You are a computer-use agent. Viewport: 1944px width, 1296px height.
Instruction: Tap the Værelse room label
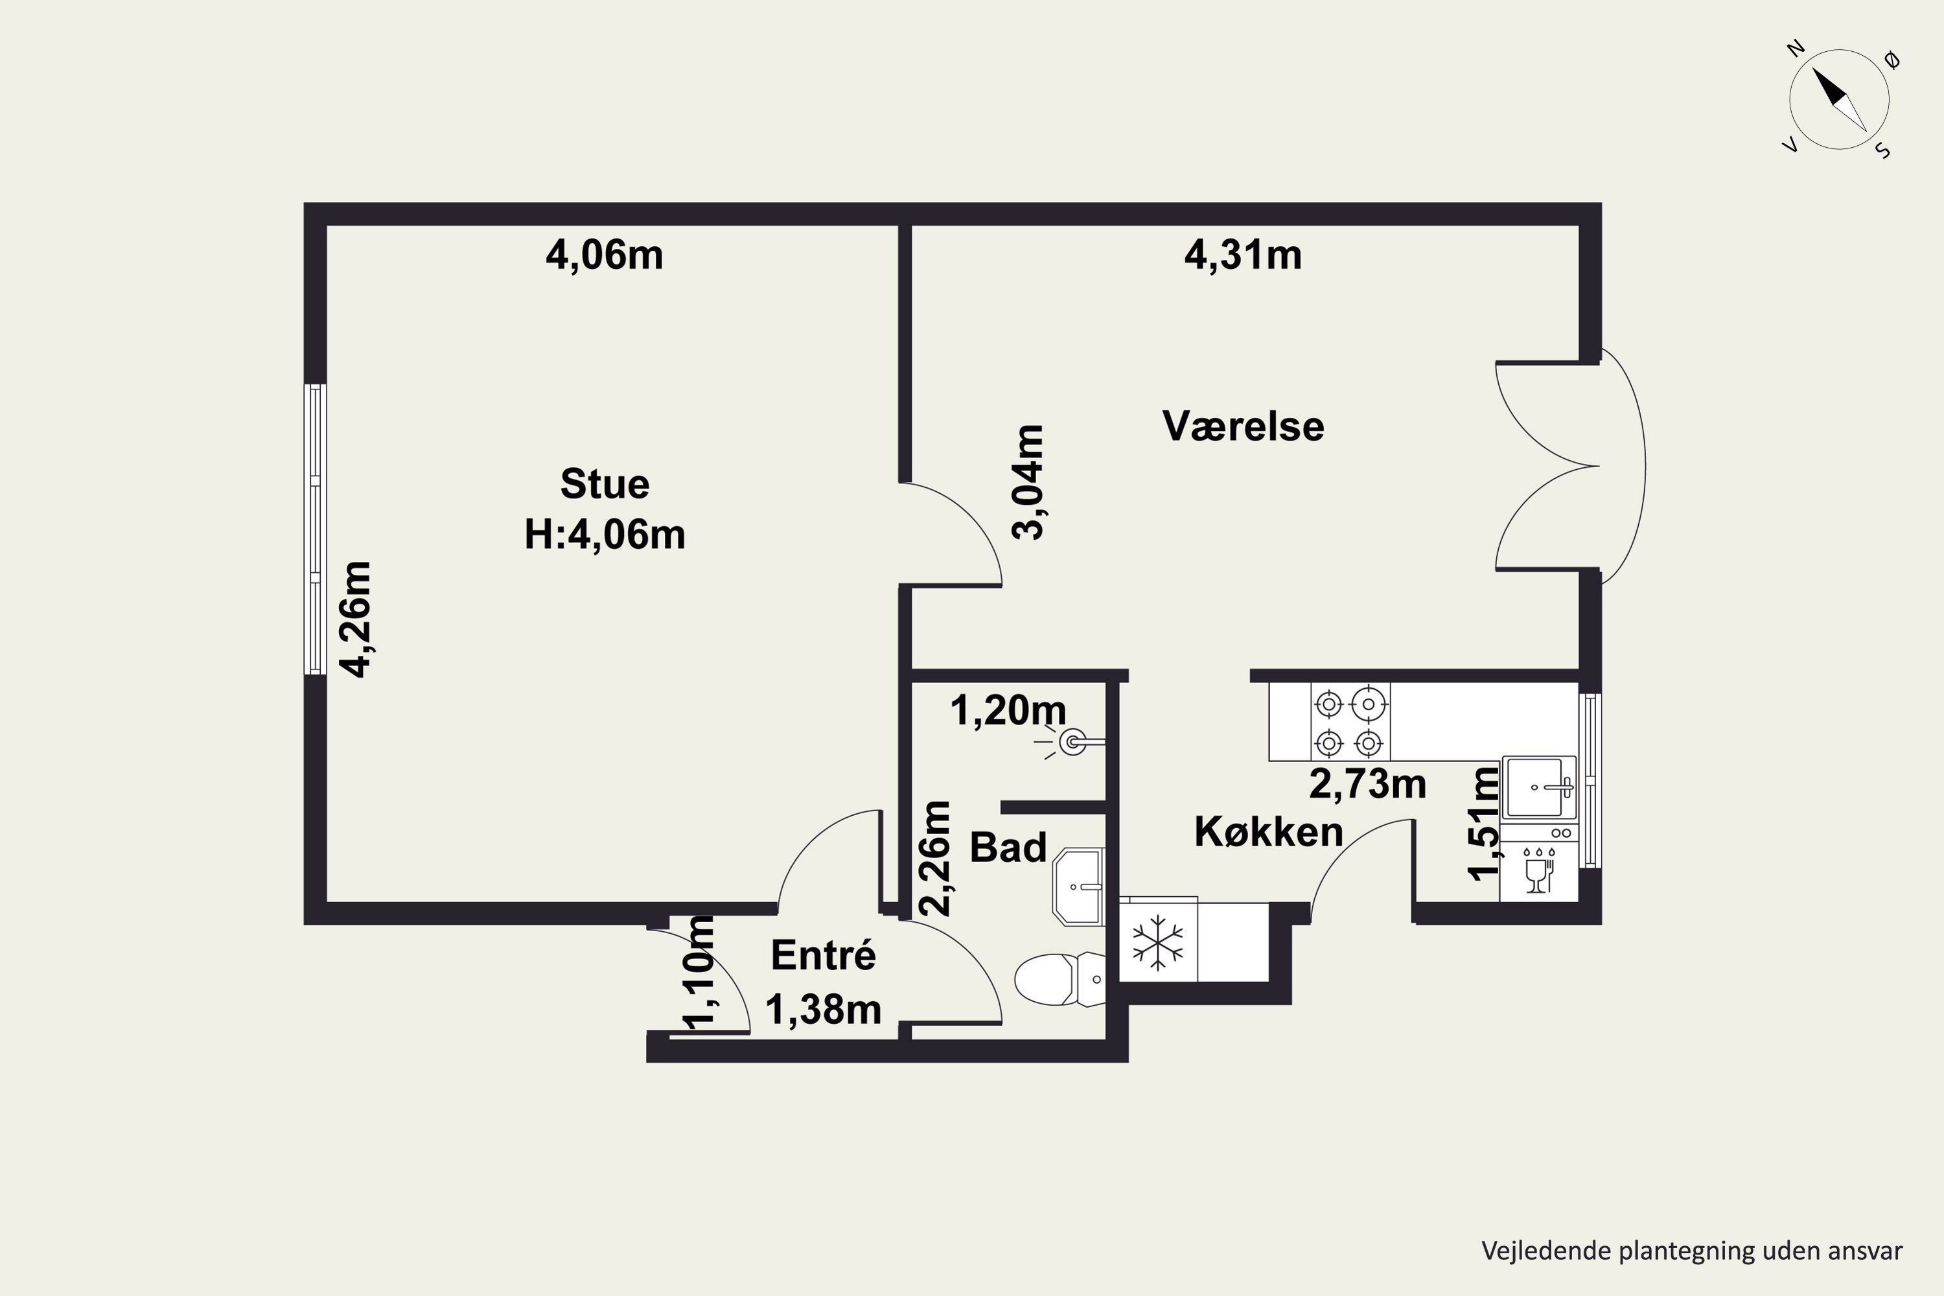[x=1243, y=426]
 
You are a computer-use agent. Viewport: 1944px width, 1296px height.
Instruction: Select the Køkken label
[x=1269, y=831]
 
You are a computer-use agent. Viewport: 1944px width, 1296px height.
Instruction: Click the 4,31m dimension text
[x=1243, y=255]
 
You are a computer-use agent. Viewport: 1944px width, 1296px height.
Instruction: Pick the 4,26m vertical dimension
[x=358, y=619]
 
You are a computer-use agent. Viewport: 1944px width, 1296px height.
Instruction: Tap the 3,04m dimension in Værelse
[x=1028, y=482]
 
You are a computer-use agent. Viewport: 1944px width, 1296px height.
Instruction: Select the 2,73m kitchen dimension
[x=1368, y=783]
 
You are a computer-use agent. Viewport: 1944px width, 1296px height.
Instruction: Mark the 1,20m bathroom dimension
[x=1008, y=710]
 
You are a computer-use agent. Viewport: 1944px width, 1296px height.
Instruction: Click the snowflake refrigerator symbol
[x=1157, y=942]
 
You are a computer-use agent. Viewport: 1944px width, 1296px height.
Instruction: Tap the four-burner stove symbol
[x=1350, y=722]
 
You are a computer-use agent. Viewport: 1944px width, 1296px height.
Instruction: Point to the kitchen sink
[x=1539, y=787]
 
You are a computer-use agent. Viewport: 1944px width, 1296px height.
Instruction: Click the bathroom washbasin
[x=1078, y=886]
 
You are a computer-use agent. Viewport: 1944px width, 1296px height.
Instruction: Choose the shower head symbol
[x=1071, y=742]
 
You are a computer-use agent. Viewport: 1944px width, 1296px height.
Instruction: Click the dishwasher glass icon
[x=1536, y=871]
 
